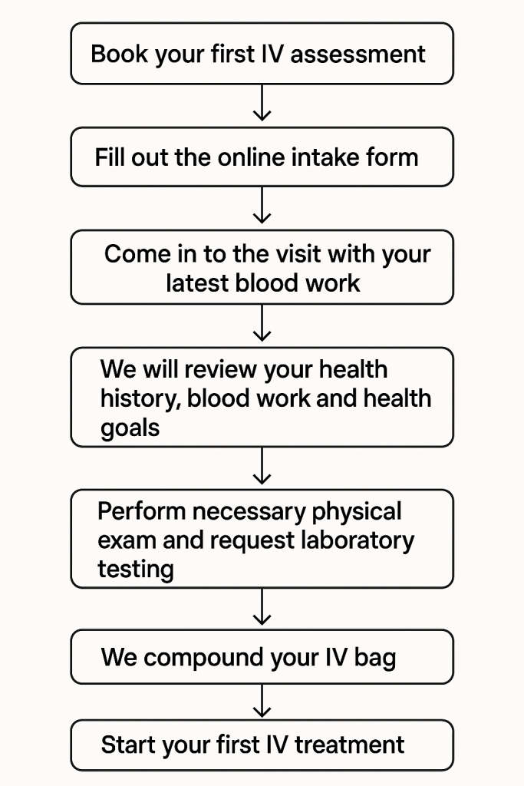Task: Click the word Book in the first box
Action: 120,54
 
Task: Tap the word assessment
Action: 358,54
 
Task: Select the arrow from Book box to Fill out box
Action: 262,103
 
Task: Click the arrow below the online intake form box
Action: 262,205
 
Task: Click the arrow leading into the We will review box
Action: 262,323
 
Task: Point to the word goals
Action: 130,428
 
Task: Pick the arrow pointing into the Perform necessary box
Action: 262,466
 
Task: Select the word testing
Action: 136,570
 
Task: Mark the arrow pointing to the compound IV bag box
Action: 262,606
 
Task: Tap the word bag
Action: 374,658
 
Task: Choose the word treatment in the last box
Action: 349,745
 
